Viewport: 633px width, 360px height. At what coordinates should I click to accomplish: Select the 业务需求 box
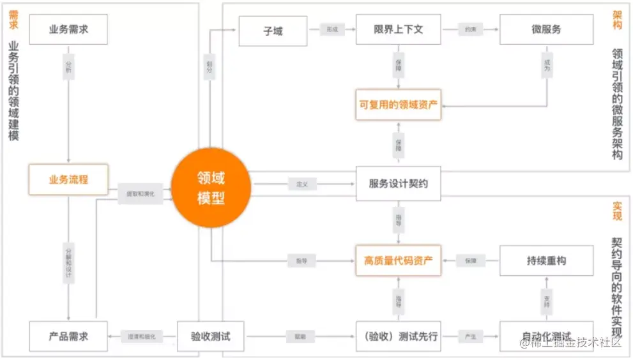click(x=68, y=30)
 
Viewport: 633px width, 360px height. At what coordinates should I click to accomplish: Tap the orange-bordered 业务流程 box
click(x=68, y=180)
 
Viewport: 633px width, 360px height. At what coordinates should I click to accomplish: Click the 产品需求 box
click(x=68, y=336)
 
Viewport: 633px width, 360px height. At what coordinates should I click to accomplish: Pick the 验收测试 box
click(x=210, y=336)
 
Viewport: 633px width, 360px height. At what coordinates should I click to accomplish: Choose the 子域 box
click(x=273, y=30)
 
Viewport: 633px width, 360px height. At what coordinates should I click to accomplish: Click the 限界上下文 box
click(x=399, y=30)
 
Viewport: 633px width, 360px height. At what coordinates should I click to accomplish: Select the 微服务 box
click(x=546, y=30)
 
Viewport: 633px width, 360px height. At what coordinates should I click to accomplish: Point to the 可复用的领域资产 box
click(x=399, y=105)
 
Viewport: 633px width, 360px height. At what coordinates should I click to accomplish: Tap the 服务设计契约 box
click(x=399, y=184)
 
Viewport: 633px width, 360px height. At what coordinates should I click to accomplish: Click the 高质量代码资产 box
click(x=399, y=260)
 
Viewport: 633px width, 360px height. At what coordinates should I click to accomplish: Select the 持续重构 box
click(x=546, y=260)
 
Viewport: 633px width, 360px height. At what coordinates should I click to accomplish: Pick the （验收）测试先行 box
click(x=399, y=336)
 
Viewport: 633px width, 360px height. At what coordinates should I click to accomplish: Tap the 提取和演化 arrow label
click(x=141, y=193)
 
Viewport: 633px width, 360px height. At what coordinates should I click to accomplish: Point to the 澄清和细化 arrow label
click(x=141, y=336)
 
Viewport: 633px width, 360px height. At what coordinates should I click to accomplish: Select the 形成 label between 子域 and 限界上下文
click(x=332, y=30)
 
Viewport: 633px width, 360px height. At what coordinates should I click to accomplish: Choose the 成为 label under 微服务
click(x=547, y=68)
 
